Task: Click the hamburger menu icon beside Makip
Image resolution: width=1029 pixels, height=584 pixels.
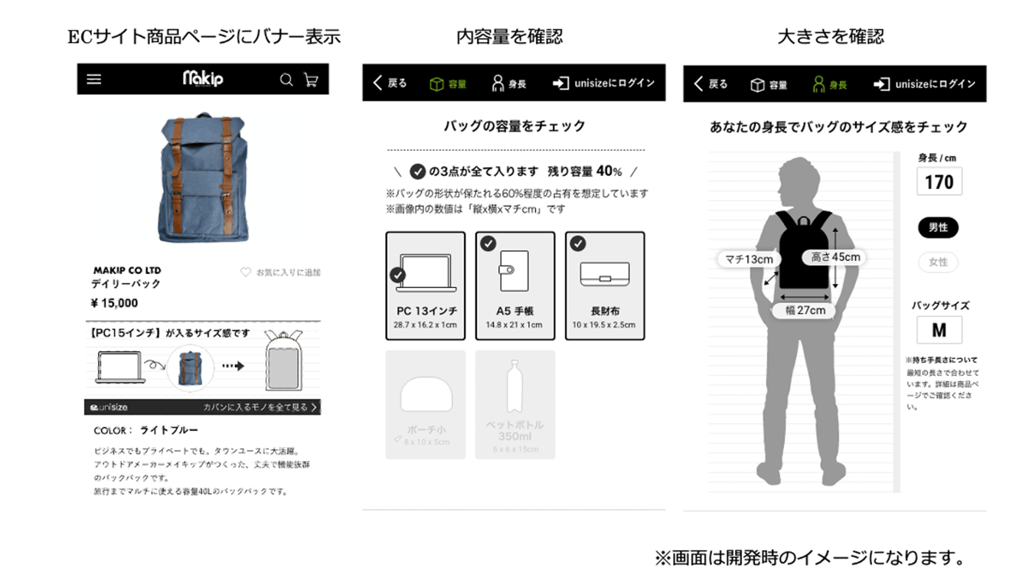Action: coord(94,79)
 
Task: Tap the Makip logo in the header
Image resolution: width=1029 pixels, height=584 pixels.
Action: coord(203,79)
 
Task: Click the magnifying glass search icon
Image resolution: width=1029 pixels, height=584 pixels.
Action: coord(286,80)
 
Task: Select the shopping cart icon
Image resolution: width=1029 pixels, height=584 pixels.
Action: coord(311,80)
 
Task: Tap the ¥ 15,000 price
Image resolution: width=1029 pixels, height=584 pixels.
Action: coord(115,303)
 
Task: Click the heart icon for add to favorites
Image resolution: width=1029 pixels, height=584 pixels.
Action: coord(246,272)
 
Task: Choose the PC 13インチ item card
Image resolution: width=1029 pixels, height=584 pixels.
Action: coord(426,285)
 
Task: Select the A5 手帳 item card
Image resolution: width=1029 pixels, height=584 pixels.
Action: coord(514,285)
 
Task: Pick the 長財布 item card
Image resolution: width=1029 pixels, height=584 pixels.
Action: coord(605,285)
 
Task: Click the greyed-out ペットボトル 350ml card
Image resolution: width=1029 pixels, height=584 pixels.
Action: coord(514,404)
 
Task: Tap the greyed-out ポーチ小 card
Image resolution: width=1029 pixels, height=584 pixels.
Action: coord(426,404)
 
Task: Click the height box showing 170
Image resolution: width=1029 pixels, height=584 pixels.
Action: coord(939,182)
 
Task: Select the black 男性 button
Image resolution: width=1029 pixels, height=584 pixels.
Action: coord(938,227)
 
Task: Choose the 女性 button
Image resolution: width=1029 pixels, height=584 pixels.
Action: coord(938,263)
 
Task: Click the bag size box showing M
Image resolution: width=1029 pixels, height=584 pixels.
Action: coord(939,330)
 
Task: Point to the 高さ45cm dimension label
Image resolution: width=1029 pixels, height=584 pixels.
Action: coord(835,257)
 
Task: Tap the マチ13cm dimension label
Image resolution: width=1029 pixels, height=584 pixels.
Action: coord(749,259)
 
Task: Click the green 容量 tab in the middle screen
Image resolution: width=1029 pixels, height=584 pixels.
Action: coord(448,83)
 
